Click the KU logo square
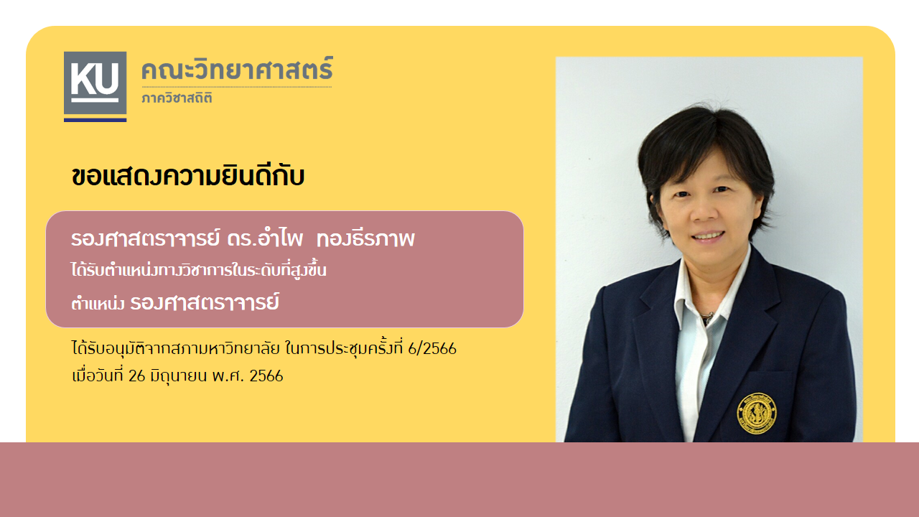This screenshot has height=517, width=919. click(95, 83)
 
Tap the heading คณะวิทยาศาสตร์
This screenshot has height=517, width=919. click(237, 69)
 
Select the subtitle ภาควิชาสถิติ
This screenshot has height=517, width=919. click(177, 98)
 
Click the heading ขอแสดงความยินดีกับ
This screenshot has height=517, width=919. click(188, 177)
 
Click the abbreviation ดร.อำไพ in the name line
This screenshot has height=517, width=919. click(265, 238)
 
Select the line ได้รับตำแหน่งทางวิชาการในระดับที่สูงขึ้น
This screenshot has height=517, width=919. click(199, 270)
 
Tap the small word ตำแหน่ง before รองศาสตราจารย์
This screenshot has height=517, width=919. click(98, 304)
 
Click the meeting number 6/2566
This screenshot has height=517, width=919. click(432, 349)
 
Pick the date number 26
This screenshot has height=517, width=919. click(136, 376)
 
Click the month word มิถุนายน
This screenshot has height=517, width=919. click(179, 376)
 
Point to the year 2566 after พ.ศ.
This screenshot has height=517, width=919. click(266, 376)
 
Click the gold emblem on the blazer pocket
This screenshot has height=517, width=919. click(757, 414)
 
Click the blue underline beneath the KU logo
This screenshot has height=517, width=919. click(95, 120)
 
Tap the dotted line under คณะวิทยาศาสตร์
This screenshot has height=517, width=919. click(237, 87)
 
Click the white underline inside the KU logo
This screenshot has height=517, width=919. click(95, 100)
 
